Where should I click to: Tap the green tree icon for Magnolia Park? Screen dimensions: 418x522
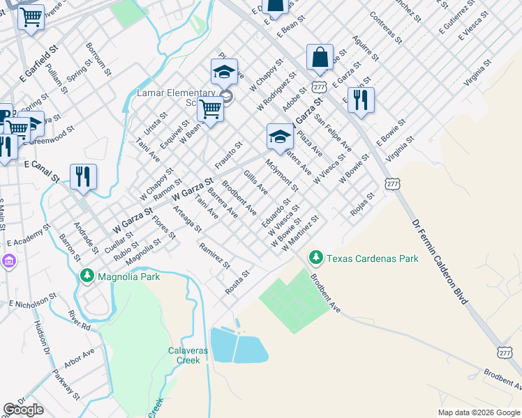coord(87,277)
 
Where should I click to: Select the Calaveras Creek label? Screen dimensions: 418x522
coord(188,355)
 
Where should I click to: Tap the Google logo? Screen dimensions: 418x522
coord(23,410)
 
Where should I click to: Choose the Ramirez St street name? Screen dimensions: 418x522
coord(214,255)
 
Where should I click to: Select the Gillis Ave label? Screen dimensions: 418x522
coord(255,181)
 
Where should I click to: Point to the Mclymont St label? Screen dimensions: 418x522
coord(281,175)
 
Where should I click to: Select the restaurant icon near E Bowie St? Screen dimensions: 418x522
coord(361,100)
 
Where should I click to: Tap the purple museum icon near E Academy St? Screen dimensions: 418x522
coord(8,261)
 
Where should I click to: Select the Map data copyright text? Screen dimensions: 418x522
coord(479,412)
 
